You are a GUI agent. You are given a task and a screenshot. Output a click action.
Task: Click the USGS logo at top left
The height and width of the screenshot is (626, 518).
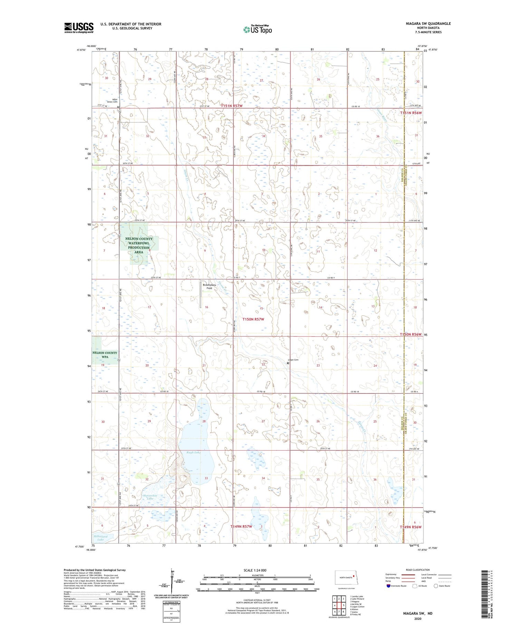coord(79,28)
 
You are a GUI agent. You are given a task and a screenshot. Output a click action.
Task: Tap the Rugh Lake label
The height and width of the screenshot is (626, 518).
coord(193,452)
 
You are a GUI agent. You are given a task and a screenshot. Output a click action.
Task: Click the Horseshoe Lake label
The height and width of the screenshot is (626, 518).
coord(146,496)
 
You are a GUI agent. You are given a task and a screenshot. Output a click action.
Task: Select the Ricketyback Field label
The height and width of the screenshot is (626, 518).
coord(209,286)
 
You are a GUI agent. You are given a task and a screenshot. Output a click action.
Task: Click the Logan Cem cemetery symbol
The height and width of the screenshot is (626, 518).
coord(288,363)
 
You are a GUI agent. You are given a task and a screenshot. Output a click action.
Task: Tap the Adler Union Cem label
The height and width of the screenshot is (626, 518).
coord(113,100)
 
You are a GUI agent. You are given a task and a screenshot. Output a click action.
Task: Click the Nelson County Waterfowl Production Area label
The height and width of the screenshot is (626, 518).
coord(139,245)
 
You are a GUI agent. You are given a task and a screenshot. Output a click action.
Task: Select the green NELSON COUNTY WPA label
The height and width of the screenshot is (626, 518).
coord(105,355)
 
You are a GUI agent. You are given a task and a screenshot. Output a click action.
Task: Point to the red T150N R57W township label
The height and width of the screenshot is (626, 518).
coord(253,319)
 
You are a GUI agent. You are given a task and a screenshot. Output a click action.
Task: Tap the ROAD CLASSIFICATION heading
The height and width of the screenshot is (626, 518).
coord(418,570)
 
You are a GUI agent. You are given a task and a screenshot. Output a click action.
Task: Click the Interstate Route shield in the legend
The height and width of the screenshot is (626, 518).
coord(388,586)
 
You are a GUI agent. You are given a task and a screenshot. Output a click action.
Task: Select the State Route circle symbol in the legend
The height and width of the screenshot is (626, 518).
coord(436,586)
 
